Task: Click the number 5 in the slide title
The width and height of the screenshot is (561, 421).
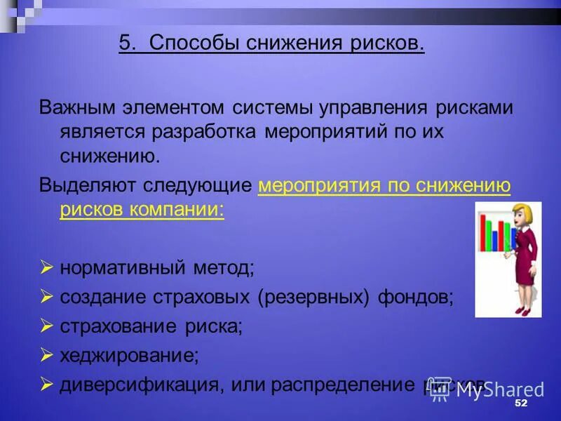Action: coord(125,44)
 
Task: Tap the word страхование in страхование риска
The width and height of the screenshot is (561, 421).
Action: coord(120,326)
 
